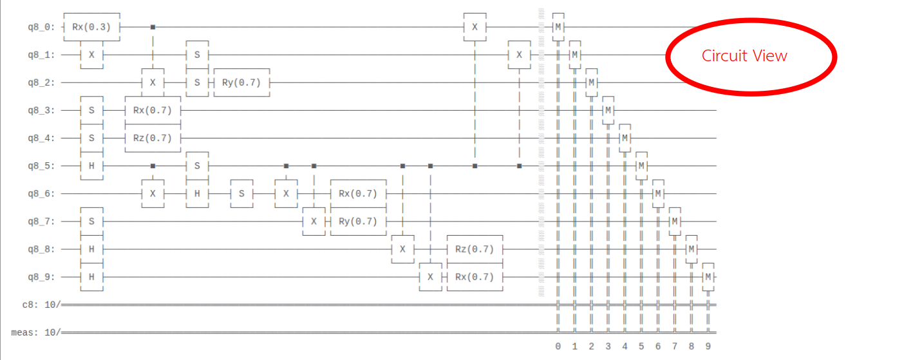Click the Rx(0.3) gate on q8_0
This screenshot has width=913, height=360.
point(91,27)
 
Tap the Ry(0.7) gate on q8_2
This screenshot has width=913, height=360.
point(241,82)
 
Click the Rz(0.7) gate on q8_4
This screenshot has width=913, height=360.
point(152,138)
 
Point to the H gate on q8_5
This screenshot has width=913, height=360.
point(91,166)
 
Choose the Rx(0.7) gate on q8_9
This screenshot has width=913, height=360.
point(474,277)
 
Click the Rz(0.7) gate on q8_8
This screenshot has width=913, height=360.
point(474,249)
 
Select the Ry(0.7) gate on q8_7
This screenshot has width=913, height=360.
point(357,221)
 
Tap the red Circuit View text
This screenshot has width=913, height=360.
point(744,56)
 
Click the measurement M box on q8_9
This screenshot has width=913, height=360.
point(708,277)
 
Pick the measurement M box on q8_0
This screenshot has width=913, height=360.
point(558,27)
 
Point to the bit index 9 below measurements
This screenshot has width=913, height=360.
point(708,346)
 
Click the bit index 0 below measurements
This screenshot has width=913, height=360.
point(558,346)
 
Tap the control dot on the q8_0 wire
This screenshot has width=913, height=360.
point(153,27)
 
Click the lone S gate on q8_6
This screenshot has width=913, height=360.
point(241,193)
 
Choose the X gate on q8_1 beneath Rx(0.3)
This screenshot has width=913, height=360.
point(91,55)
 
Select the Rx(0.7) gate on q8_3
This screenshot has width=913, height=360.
point(152,110)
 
